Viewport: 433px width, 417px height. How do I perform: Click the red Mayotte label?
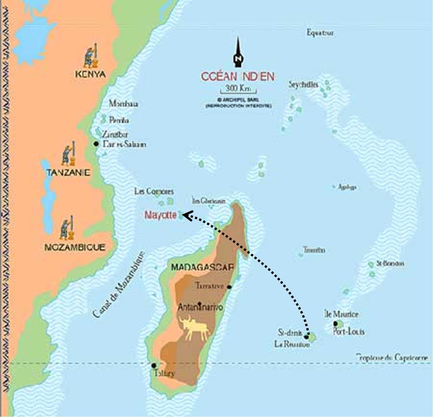[x=160, y=215]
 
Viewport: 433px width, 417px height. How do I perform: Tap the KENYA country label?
[x=90, y=74]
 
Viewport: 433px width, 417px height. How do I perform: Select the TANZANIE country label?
[x=68, y=173]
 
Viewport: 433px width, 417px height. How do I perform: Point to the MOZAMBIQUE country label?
[x=75, y=247]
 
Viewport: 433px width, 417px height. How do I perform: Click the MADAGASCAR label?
[x=202, y=267]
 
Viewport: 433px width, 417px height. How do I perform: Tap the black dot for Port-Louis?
[x=335, y=324]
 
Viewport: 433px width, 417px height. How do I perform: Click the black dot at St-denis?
[x=306, y=337]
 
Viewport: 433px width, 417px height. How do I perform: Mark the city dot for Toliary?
[x=154, y=366]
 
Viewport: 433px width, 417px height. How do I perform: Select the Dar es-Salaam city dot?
[x=96, y=144]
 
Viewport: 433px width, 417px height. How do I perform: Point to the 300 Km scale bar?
[x=238, y=89]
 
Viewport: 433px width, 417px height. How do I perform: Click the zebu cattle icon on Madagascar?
[x=196, y=329]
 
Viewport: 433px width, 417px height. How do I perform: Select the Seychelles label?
[x=303, y=84]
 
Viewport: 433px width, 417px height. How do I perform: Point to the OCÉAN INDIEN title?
[x=238, y=76]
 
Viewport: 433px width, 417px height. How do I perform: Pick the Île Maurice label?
[x=341, y=314]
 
